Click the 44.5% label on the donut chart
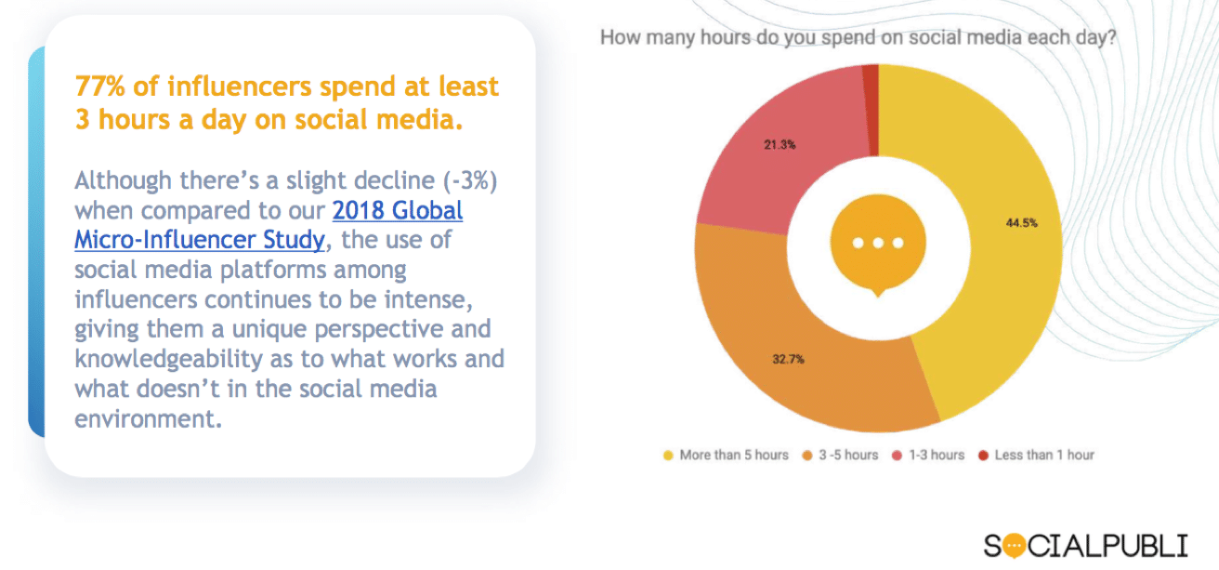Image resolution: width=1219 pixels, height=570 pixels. click(x=1021, y=223)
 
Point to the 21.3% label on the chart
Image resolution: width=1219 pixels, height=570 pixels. click(x=780, y=145)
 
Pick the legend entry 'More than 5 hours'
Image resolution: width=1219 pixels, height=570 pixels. click(x=726, y=455)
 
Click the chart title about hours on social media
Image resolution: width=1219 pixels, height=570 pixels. click(x=858, y=39)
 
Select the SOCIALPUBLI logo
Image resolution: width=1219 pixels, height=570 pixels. click(x=1085, y=545)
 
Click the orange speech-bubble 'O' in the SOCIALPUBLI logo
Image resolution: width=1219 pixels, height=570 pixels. click(x=1016, y=545)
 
